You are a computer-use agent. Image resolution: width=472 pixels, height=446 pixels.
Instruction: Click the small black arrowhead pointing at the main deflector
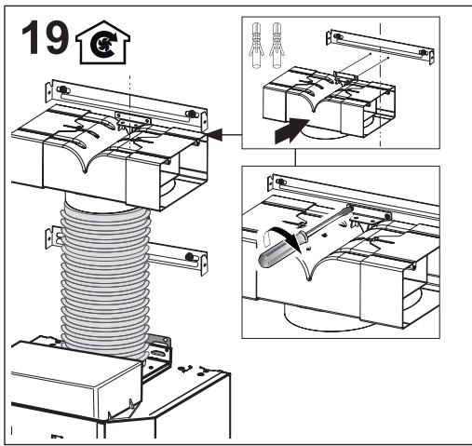(x=215, y=136)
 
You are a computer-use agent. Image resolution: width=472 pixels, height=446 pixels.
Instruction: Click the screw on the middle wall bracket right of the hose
(x=189, y=256)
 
